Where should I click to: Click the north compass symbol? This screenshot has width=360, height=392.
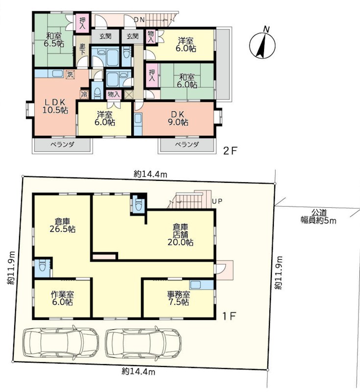point(263,45)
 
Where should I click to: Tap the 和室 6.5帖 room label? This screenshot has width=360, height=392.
point(54,40)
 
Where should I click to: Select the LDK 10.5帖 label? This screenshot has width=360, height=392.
point(55,106)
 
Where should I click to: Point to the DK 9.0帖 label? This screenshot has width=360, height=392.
point(178,118)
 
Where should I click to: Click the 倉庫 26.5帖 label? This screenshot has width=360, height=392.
point(63,225)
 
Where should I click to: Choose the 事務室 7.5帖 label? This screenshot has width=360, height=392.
point(178,298)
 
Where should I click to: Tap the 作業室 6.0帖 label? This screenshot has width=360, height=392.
point(62,298)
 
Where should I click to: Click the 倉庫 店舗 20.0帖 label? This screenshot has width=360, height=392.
point(180,235)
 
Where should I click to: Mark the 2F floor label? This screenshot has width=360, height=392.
point(230,151)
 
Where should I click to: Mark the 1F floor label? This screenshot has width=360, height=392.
point(229,317)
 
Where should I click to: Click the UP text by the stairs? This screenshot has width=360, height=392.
point(217,201)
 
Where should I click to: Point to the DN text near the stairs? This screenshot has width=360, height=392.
point(139,20)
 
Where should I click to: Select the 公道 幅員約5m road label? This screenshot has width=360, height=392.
point(318,217)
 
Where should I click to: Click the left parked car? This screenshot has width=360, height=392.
point(61,342)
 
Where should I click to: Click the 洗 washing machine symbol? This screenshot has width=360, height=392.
point(70,74)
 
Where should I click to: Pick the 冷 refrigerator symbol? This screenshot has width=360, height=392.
point(84,95)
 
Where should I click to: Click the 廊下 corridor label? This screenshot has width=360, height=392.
point(82,49)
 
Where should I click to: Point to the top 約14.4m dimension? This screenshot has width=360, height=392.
point(150,174)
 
